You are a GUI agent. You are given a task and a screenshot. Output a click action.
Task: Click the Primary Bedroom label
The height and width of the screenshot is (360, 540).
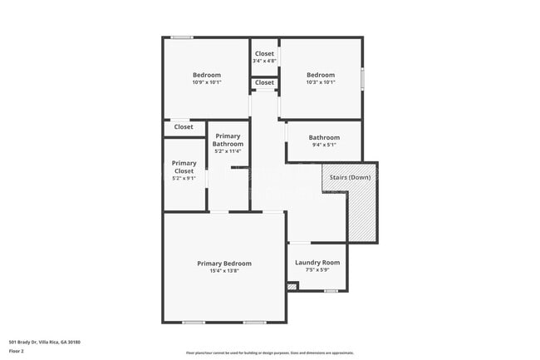(x=223, y=264)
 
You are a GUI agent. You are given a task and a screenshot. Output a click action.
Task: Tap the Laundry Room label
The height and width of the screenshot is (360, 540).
(x=317, y=263)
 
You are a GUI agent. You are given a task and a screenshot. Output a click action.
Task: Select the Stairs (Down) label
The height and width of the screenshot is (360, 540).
(x=350, y=177)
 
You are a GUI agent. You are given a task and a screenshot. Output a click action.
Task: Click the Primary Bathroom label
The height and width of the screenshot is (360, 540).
(x=228, y=140)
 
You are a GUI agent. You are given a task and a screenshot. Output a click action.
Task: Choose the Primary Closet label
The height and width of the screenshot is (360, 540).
(x=184, y=167)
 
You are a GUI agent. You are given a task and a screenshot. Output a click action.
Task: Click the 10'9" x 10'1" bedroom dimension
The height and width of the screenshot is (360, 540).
(x=207, y=82)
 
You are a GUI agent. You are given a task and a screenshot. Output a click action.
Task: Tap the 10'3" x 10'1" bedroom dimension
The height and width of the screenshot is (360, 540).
(x=321, y=82)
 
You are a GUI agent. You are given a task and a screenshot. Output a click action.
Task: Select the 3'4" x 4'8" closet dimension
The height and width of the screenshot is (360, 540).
(x=265, y=61)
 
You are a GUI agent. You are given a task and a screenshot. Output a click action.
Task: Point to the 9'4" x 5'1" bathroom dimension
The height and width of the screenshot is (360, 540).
(x=324, y=145)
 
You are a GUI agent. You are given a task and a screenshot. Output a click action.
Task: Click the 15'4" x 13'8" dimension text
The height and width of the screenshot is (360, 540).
(x=223, y=271)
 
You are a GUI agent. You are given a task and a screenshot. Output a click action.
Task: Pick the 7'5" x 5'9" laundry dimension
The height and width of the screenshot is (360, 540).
(x=317, y=269)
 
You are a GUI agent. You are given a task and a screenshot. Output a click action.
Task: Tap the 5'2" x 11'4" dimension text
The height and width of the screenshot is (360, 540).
(x=228, y=151)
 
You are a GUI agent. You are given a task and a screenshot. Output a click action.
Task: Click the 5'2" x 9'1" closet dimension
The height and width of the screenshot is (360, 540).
(x=184, y=178)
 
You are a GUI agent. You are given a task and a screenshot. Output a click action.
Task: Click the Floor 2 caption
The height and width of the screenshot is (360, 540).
(x=17, y=352)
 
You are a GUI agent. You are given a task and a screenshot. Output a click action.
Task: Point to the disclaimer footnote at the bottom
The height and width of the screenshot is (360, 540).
(x=269, y=353)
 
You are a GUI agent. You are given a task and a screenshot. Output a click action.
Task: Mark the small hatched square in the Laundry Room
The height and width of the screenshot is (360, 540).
(x=292, y=287)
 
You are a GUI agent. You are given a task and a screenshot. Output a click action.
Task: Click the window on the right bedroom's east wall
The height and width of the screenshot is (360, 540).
(x=362, y=79)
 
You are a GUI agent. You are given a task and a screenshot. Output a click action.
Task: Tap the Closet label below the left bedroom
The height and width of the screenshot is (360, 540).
(x=184, y=127)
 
